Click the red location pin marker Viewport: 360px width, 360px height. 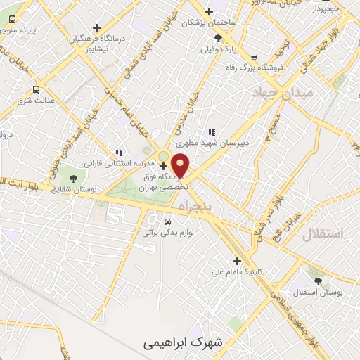[181, 165]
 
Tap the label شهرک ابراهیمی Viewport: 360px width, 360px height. [181, 343]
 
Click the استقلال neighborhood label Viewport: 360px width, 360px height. [323, 234]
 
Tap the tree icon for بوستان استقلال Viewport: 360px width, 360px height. [319, 280]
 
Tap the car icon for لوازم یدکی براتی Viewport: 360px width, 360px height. [167, 221]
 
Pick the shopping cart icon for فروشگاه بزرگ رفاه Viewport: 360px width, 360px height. [254, 58]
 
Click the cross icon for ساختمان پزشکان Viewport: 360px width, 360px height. [209, 11]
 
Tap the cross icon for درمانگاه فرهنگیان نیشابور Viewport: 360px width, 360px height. [97, 27]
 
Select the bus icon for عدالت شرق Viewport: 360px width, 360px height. [37, 89]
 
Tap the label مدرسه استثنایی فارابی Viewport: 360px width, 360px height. [117, 163]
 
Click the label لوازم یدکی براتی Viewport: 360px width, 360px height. [167, 231]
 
